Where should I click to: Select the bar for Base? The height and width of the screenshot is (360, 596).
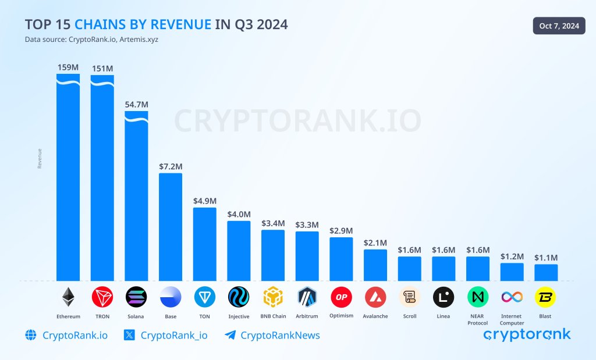171,227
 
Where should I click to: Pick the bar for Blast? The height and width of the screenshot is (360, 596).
546,272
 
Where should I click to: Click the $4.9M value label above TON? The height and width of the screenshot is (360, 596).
204,201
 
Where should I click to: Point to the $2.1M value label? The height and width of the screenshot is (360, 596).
375,243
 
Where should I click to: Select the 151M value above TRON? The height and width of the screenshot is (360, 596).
102,68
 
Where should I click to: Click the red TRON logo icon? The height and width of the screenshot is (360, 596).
102,297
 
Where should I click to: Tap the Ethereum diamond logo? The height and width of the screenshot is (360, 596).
68,297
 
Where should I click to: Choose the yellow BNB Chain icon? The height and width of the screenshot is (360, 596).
273,297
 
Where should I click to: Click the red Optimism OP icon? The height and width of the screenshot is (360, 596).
341,297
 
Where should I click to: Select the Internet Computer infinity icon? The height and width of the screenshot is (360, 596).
512,297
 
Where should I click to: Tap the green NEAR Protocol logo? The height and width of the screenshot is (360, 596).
478,297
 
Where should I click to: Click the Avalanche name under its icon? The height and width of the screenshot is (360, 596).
375,316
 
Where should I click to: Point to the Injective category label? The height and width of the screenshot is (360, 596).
239,316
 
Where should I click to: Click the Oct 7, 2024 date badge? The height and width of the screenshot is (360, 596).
559,26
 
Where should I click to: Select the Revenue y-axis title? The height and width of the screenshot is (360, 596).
40,159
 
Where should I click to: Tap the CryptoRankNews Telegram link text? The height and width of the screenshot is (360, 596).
280,335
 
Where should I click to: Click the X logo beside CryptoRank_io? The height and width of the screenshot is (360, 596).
130,335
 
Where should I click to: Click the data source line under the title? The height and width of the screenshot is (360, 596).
91,40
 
